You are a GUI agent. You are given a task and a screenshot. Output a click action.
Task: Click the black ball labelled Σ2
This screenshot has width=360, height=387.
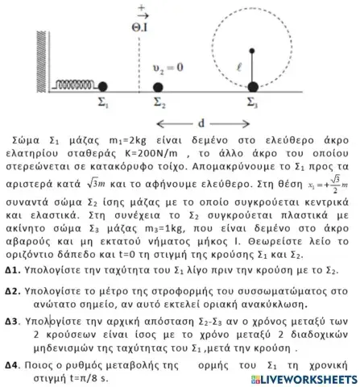158,86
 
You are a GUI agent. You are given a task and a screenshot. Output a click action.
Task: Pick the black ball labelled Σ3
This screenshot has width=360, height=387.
253,86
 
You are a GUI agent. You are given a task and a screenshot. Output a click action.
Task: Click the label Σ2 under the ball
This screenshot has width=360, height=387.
159,102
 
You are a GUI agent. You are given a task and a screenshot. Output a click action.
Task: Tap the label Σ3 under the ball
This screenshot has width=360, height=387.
254,102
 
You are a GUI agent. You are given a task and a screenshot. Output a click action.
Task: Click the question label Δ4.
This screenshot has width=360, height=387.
11,365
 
